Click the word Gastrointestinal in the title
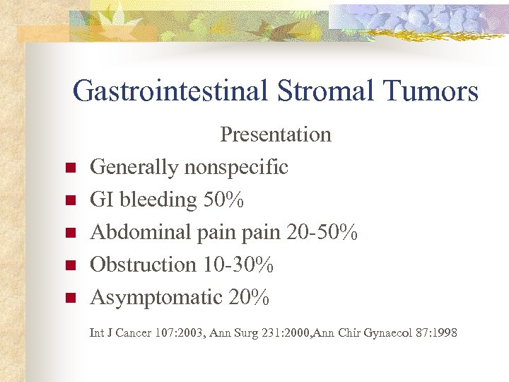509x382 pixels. click(x=169, y=91)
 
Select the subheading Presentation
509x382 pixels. click(x=276, y=134)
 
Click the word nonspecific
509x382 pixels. click(x=236, y=168)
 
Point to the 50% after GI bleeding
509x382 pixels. click(x=223, y=200)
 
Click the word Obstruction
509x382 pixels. click(x=143, y=265)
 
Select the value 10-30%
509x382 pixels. click(x=238, y=265)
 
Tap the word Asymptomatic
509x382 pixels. click(x=156, y=298)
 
